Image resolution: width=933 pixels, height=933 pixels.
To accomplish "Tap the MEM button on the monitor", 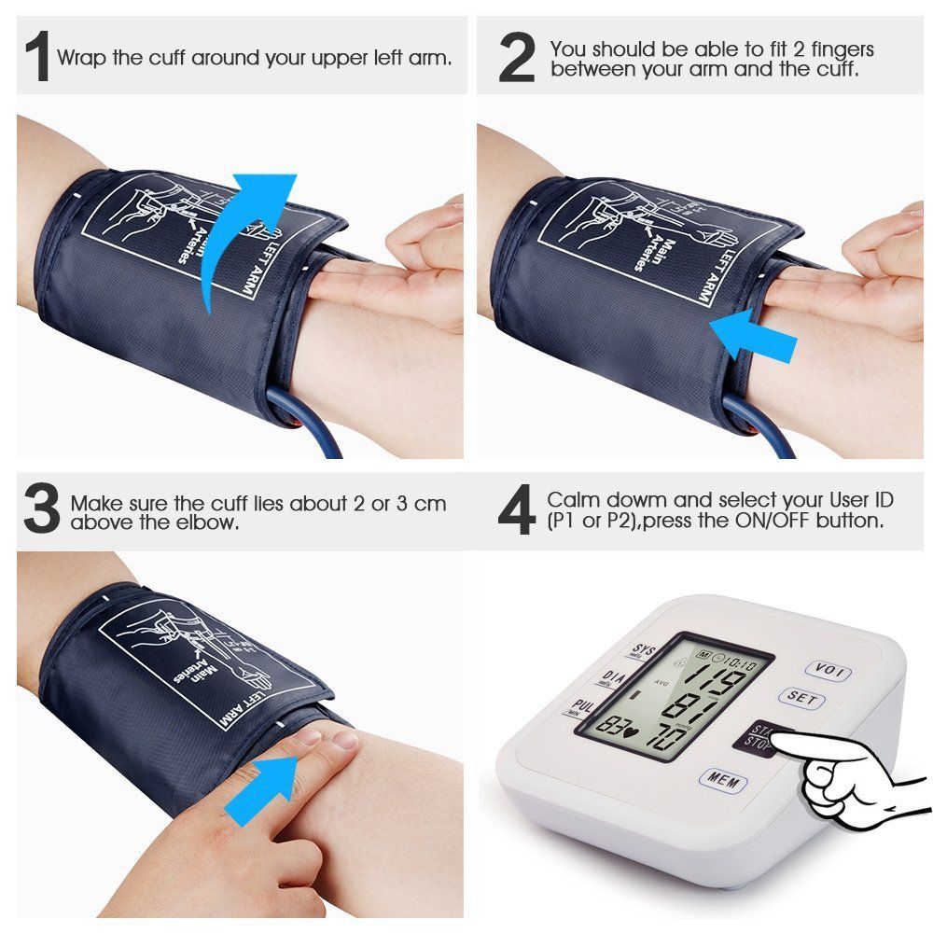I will pos(720,779).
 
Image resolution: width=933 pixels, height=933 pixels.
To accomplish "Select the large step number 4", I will pos(516,514).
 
